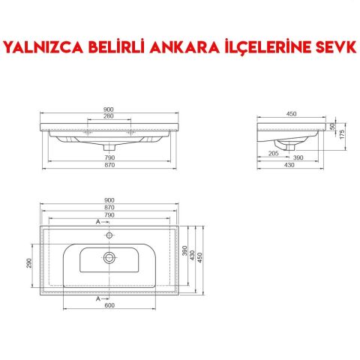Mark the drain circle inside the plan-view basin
(x=109, y=257)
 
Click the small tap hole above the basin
(x=109, y=235)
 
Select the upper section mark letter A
(x=97, y=223)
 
